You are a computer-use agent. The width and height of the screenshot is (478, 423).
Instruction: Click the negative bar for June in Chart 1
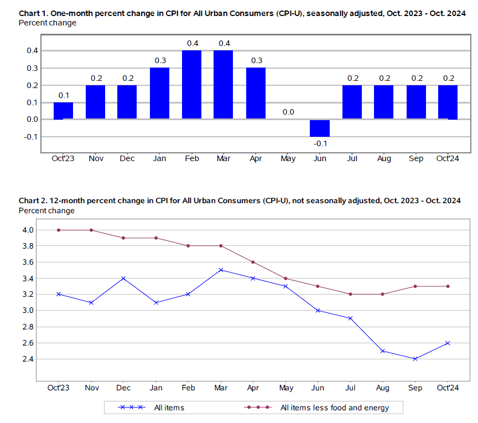[x=319, y=128]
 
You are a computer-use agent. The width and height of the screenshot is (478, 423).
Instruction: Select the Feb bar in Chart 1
[x=191, y=85]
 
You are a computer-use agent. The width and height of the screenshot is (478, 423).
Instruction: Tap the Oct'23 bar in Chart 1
[x=63, y=111]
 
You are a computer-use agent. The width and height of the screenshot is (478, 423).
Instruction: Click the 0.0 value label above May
[x=288, y=112]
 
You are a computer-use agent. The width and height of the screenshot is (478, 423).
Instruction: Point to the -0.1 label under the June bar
[x=320, y=143]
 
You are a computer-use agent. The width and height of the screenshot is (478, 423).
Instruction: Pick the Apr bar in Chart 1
[x=256, y=93]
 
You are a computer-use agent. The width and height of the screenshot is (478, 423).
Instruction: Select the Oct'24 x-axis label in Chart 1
[x=448, y=159]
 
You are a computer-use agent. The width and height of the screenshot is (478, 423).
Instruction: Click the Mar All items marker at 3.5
[x=221, y=270]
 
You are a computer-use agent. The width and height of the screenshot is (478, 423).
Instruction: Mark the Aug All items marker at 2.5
[x=383, y=351]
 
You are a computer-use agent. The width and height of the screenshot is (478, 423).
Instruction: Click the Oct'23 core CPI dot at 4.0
[x=59, y=230]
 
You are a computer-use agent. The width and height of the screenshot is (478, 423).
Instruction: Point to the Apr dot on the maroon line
[x=253, y=262]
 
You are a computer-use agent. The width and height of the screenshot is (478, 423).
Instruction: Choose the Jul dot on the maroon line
[x=351, y=294]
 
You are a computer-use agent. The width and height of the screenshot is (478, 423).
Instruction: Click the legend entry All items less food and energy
[x=335, y=408]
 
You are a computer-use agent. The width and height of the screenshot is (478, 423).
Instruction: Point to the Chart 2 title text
[x=240, y=200]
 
